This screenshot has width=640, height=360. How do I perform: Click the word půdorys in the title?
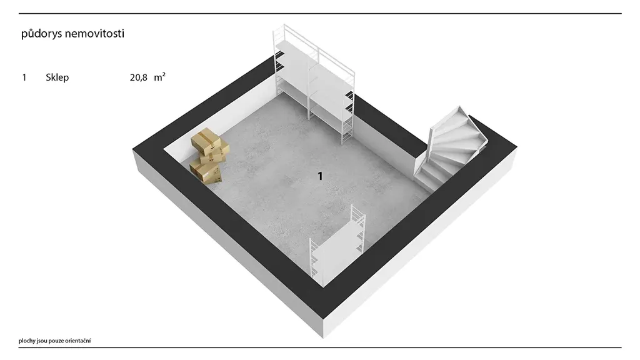41,34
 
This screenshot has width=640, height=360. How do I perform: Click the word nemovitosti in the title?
95,33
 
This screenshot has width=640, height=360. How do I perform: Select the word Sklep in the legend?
57,77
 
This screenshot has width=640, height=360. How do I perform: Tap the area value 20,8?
138,77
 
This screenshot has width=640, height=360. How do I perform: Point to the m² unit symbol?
159,77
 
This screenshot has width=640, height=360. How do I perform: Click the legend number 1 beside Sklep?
24,77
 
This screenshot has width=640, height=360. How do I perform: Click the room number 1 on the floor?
320,176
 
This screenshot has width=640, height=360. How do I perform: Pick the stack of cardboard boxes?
209,156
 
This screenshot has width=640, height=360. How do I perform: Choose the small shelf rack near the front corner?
337,245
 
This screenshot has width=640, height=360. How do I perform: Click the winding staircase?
450,149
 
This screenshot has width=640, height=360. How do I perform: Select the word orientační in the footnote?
79,341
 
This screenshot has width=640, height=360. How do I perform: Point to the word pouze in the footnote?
57,341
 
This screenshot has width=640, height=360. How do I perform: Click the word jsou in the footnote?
42,341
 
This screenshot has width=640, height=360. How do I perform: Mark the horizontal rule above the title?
320,14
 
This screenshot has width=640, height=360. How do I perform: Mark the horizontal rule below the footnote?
320,347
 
